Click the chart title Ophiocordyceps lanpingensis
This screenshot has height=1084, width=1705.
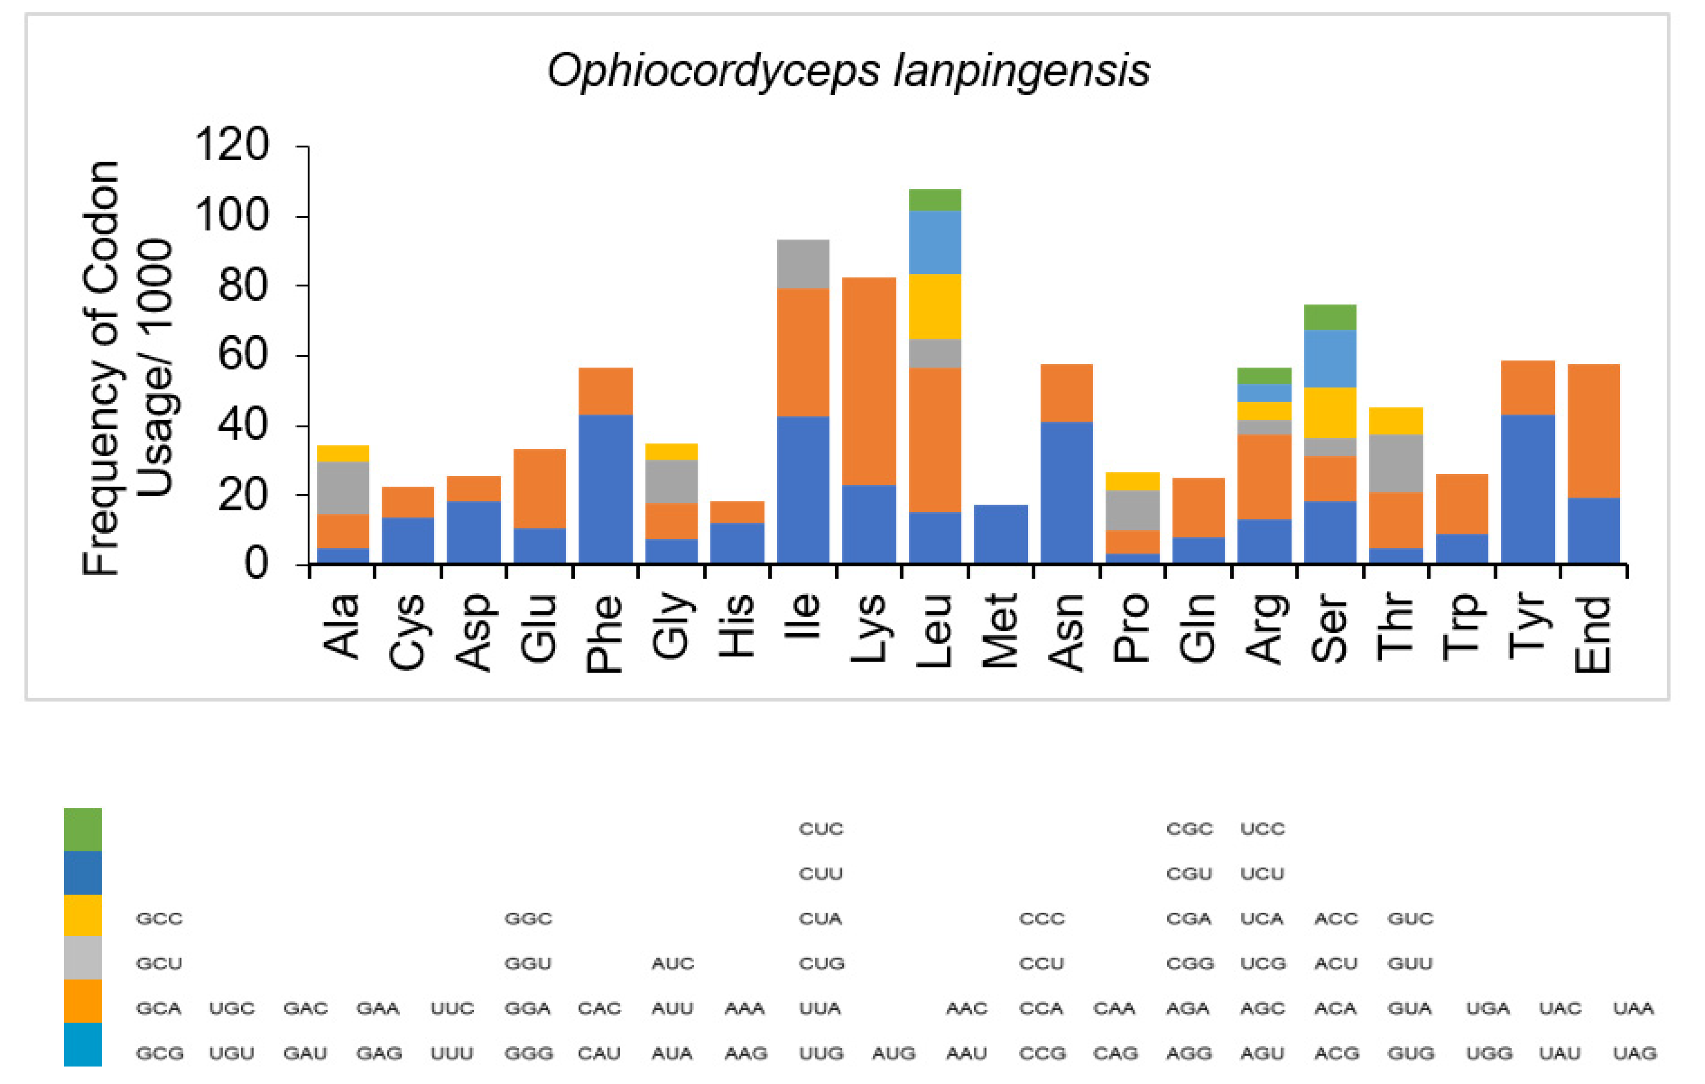tap(848, 71)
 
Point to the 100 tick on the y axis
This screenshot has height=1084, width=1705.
tap(231, 215)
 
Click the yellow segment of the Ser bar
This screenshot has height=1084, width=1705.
tap(1330, 412)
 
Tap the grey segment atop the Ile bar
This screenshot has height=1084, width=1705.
tap(803, 264)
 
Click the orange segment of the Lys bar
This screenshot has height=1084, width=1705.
tap(869, 381)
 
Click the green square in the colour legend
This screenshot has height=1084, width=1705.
tap(83, 829)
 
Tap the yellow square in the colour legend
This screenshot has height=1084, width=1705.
tap(83, 915)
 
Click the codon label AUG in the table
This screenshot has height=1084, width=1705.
tap(894, 1054)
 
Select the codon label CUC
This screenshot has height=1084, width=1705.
tap(821, 828)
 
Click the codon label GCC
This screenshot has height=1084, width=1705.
tap(159, 918)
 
